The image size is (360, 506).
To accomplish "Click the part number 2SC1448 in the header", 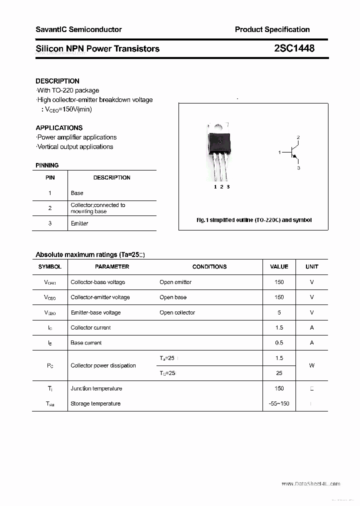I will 294,48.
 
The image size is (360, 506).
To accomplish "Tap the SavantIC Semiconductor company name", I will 78,29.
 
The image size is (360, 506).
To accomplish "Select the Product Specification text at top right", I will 272,29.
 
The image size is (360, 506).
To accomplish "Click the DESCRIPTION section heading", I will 57,81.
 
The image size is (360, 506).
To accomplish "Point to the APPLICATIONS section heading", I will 59,128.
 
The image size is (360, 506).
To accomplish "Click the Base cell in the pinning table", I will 77,193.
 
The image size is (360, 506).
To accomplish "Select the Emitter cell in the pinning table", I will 79,223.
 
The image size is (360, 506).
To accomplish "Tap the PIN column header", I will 50,177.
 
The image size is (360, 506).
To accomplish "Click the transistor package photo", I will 219,150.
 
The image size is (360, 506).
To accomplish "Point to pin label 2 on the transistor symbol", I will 298,137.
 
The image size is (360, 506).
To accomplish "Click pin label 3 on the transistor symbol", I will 298,168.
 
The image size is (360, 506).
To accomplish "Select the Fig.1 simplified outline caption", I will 253,220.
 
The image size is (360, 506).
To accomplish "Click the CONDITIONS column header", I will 209,267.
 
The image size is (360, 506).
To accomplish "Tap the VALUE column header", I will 279,267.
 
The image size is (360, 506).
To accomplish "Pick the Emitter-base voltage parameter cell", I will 95,312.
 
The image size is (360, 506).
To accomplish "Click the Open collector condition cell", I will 177,312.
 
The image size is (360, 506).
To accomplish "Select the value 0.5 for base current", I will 279,343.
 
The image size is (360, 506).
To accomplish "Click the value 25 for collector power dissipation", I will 279,373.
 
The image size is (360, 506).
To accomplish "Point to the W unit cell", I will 311,365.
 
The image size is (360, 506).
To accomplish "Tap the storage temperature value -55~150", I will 279,403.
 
